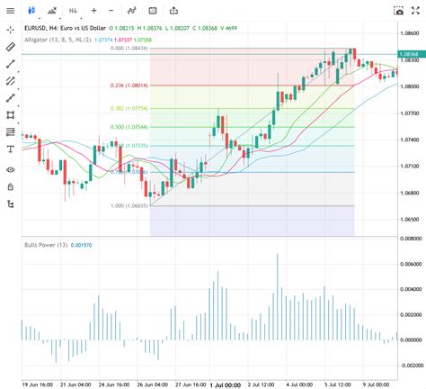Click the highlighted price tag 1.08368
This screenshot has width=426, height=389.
[x=409, y=54]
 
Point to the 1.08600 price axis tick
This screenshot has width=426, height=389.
[x=409, y=32]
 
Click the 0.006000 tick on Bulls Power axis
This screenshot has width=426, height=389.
[x=409, y=264]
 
